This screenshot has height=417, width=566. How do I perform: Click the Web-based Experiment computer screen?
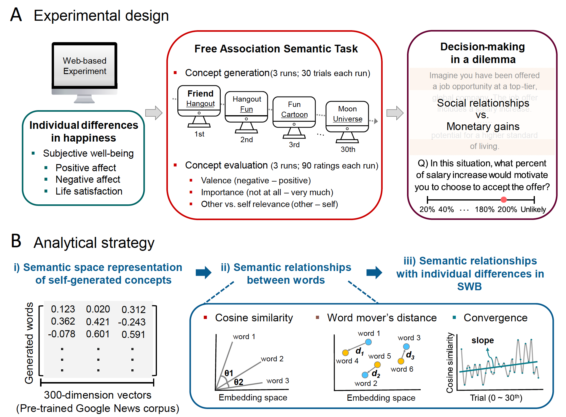[85, 66]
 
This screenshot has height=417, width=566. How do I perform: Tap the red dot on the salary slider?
[503, 200]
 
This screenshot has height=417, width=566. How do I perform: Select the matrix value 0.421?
[98, 322]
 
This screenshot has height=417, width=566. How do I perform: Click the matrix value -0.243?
[132, 322]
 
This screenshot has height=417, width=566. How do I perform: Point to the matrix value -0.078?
[61, 334]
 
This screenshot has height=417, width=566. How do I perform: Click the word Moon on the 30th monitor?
[347, 109]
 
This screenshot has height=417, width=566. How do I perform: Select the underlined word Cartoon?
[294, 115]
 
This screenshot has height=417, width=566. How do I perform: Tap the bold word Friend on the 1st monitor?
[200, 94]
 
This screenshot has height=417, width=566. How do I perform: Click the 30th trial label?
[348, 150]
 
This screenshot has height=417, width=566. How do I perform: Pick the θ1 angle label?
[229, 373]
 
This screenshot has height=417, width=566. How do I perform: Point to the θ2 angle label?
[239, 382]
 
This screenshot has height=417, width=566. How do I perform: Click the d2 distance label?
[376, 374]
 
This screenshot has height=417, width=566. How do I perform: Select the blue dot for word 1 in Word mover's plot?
[368, 342]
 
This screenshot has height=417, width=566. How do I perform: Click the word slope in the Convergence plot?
[483, 340]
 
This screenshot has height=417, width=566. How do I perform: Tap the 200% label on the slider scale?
[507, 210]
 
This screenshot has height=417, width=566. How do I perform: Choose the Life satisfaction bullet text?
[89, 191]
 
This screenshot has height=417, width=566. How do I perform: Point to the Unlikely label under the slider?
[533, 210]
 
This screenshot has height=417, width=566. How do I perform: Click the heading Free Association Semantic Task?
[276, 49]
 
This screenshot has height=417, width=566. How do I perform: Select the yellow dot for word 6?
[401, 361]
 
